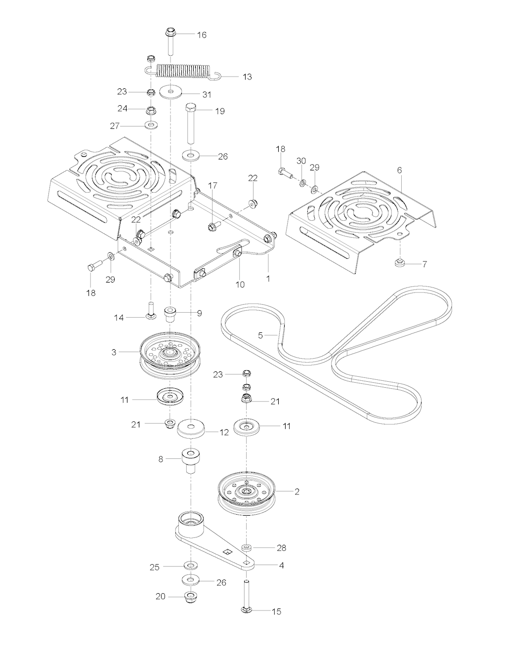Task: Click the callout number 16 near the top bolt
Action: coord(202,35)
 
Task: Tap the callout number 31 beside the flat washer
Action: coord(207,94)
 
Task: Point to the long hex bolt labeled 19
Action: coord(191,123)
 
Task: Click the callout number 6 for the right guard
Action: coord(400,170)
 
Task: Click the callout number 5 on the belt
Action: coord(260,335)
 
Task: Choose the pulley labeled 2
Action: coord(246,492)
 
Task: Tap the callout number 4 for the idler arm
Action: coord(281,566)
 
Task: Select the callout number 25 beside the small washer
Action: coord(155,568)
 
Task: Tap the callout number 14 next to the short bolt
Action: coord(119,318)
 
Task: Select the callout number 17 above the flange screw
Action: coord(212,185)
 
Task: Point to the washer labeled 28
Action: coord(247,547)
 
